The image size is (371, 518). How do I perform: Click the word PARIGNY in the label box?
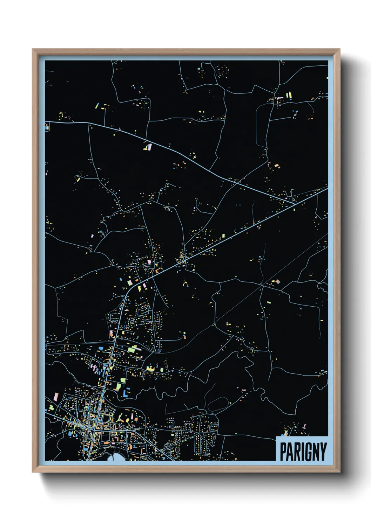pyautogui.click(x=303, y=451)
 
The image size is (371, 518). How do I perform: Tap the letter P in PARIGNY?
pyautogui.click(x=283, y=451)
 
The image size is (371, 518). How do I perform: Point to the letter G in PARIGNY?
pyautogui.click(x=307, y=451)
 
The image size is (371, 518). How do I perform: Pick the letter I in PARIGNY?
pyautogui.click(x=301, y=451)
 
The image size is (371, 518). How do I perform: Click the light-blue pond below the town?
pyautogui.click(x=117, y=457)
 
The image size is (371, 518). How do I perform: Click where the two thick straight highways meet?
pyautogui.click(x=293, y=203)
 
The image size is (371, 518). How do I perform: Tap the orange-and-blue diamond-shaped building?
pyautogui.click(x=277, y=281)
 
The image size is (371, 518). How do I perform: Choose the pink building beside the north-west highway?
pyautogui.click(x=150, y=147)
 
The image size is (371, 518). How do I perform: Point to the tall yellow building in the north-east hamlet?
pyautogui.click(x=290, y=95)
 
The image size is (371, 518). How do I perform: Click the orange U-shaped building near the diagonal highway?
pyautogui.click(x=158, y=271)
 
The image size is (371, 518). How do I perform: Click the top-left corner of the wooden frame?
pyautogui.click(x=33, y=49)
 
